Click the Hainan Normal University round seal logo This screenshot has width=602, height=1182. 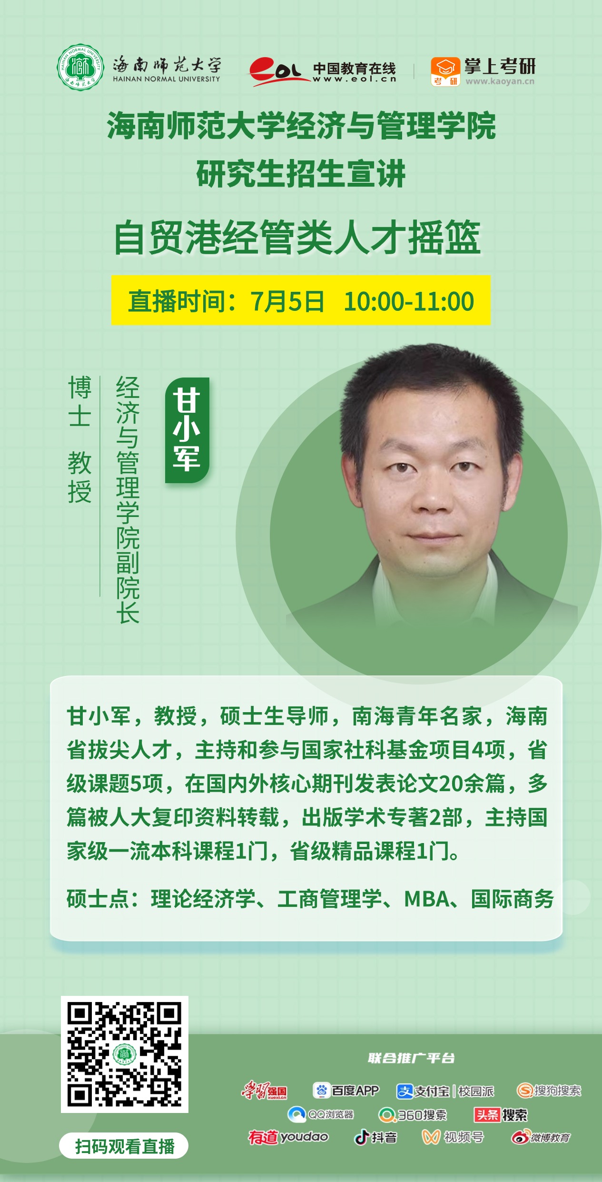coord(80,67)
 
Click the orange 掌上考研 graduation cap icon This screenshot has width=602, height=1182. coord(445,71)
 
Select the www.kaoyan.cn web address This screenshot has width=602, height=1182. coord(500,81)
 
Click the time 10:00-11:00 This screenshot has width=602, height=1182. coord(409,301)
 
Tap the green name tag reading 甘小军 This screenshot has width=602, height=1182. coord(187,430)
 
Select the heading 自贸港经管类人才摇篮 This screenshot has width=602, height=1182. coord(297,238)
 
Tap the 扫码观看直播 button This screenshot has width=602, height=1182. coord(124,1146)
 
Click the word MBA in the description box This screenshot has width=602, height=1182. coord(426,899)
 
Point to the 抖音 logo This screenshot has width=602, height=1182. coord(375,1137)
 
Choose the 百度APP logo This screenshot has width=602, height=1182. coord(346,1090)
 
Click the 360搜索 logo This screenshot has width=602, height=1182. coord(413,1114)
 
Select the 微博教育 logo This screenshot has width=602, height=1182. coord(541,1137)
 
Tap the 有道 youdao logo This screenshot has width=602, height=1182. coord(288,1137)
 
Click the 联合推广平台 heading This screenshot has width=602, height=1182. coord(411,1058)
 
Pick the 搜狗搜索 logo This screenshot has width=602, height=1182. coord(549,1090)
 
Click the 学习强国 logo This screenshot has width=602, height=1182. coord(265,1090)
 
